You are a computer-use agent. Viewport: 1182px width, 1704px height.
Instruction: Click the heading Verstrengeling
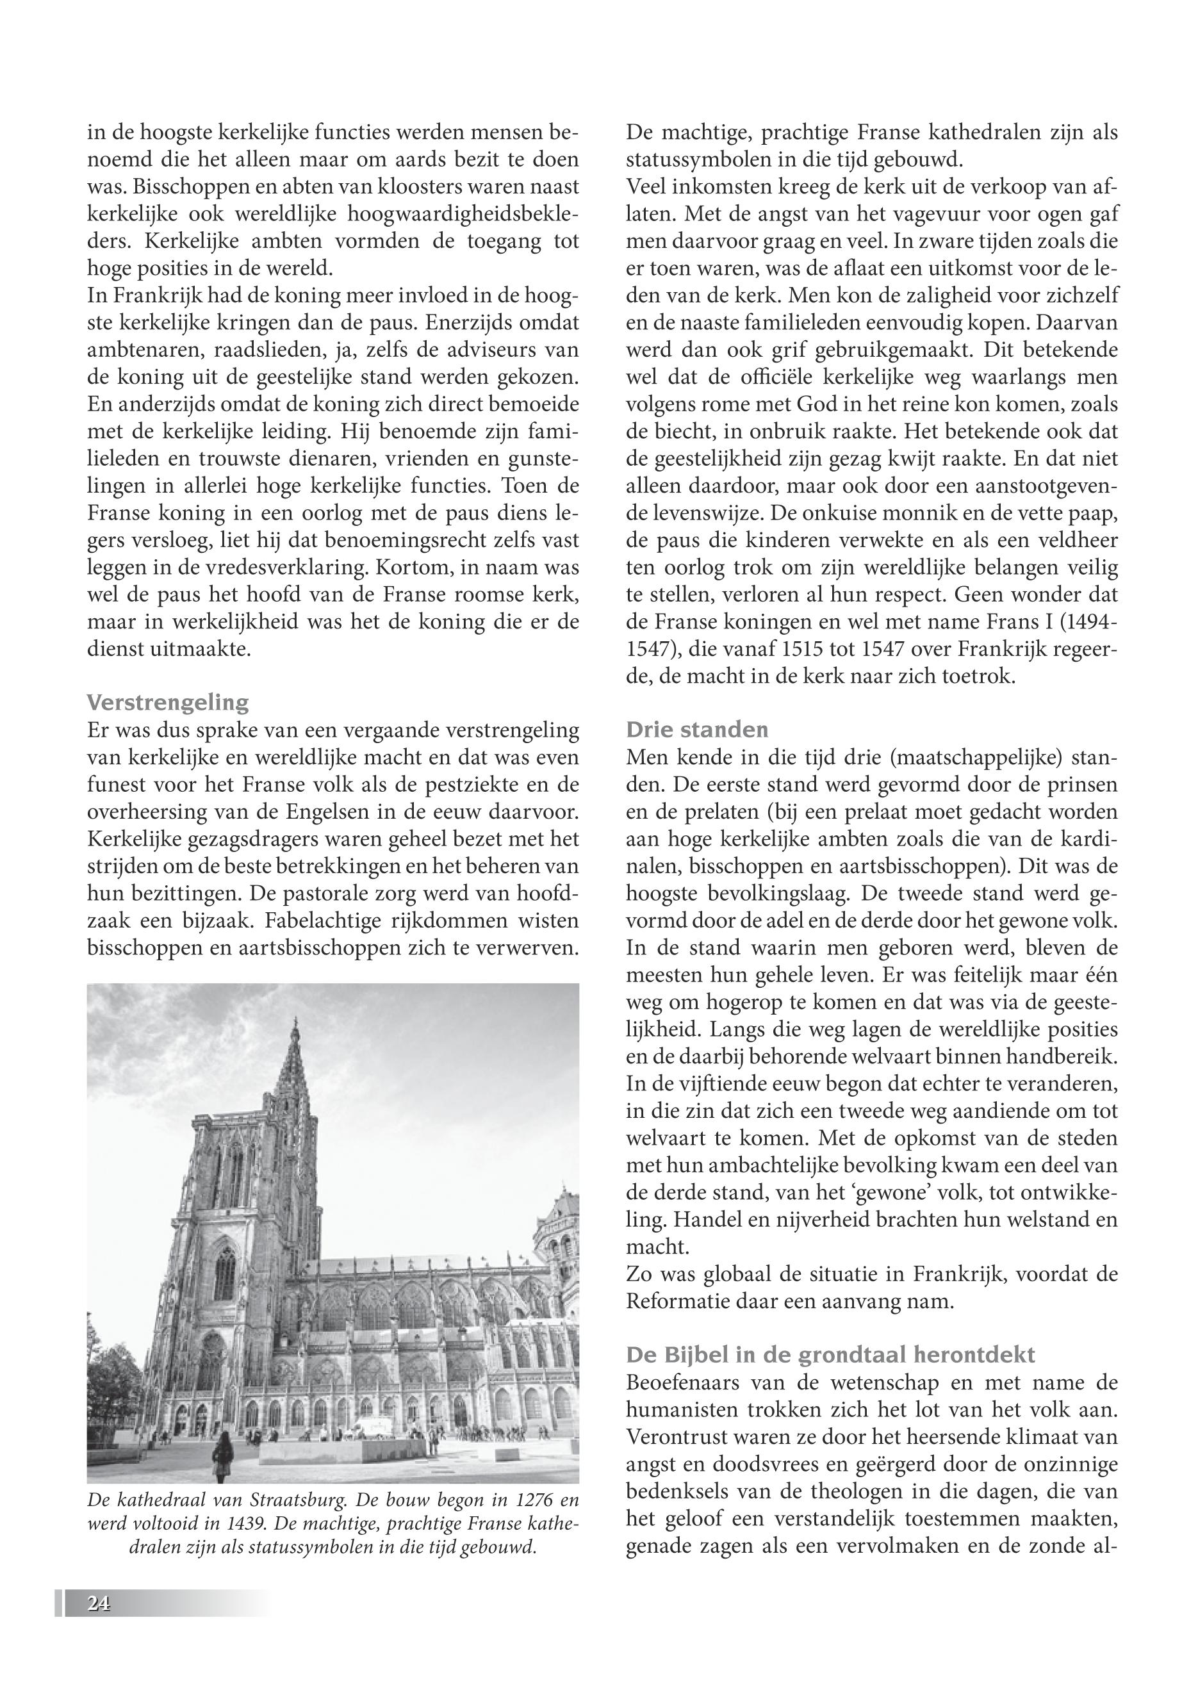tap(168, 702)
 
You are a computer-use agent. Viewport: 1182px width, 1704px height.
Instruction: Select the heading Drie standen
tap(697, 730)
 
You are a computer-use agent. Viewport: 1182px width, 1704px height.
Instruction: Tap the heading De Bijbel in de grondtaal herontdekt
tap(830, 1354)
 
